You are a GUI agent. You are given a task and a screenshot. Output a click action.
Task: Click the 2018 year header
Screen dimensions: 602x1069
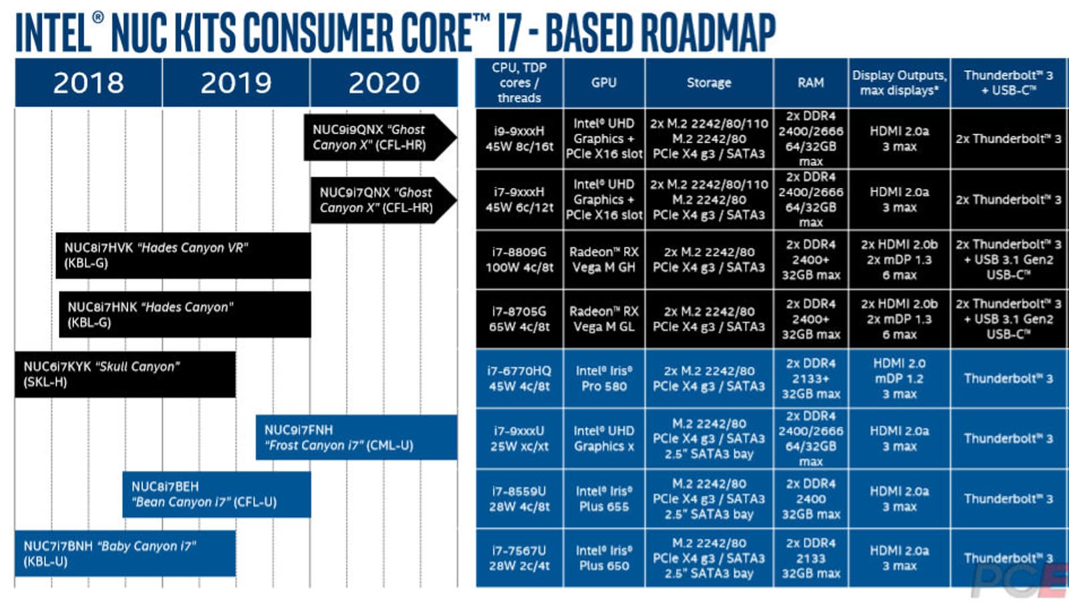(x=88, y=83)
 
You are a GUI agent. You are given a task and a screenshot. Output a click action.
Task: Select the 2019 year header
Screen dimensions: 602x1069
(x=236, y=83)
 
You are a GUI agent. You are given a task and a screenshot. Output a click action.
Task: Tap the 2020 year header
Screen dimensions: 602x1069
(x=384, y=83)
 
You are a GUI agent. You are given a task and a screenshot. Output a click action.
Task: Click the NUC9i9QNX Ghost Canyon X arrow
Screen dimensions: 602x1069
(x=377, y=138)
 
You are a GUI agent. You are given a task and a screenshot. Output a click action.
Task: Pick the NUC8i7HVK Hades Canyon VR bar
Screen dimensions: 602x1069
(x=183, y=256)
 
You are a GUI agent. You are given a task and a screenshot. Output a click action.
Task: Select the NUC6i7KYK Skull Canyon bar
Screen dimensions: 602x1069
(x=125, y=375)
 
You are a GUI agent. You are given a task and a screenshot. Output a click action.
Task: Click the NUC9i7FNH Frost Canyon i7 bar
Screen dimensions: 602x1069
(x=356, y=437)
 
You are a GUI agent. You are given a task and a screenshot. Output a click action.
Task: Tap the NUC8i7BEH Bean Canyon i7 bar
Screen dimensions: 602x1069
(x=216, y=494)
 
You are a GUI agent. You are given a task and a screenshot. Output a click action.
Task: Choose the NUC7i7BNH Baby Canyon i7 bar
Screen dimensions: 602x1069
(x=125, y=554)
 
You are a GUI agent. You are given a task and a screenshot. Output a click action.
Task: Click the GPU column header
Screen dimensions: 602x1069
(x=604, y=83)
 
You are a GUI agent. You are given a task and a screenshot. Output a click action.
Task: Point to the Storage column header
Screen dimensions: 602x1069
(x=709, y=83)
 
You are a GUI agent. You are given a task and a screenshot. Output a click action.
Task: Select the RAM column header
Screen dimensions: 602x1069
(x=810, y=83)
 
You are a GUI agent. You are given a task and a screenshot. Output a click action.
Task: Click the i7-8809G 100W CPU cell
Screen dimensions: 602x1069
(x=519, y=260)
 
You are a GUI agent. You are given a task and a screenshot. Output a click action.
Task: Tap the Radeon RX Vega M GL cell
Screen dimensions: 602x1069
(x=604, y=319)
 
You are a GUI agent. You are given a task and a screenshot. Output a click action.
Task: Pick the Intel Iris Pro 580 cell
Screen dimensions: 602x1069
(x=604, y=379)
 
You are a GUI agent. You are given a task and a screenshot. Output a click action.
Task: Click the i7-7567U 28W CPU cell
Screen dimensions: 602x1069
(x=519, y=558)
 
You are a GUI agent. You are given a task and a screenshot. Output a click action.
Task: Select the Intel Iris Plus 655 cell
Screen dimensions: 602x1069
(x=604, y=498)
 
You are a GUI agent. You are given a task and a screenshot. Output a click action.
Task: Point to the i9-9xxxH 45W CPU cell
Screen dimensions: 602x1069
(x=519, y=138)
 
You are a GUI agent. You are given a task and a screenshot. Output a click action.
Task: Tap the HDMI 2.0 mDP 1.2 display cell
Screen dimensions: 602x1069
(x=899, y=379)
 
